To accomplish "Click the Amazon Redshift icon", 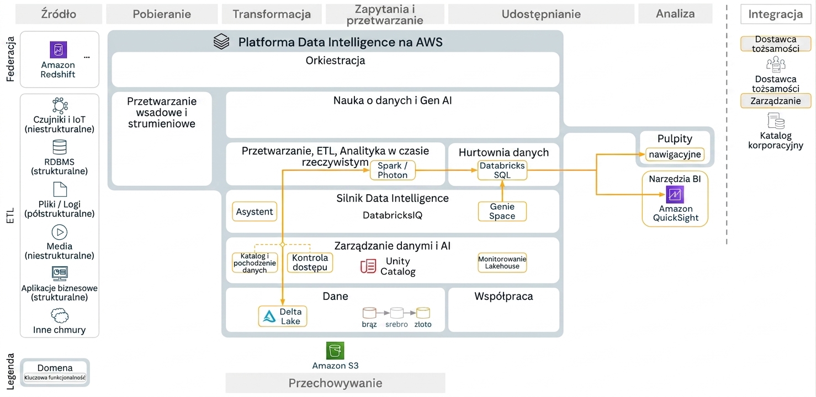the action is click(59, 50).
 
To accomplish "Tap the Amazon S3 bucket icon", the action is click(335, 351).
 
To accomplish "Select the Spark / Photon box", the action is click(393, 170).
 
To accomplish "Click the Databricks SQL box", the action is click(502, 170).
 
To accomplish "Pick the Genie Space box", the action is click(502, 211).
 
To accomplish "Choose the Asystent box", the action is click(255, 211).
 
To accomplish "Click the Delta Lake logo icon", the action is click(269, 316).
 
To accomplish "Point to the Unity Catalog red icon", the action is click(368, 266).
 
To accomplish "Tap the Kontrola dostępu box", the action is click(310, 262).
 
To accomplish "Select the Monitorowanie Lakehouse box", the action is click(502, 262).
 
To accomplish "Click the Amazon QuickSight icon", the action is click(675, 195).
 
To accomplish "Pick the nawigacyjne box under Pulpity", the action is click(675, 154).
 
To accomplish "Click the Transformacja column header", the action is click(272, 14).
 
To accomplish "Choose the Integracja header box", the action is click(776, 14).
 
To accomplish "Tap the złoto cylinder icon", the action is click(423, 313).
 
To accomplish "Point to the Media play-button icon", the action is click(60, 232).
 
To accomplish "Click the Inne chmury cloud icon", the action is click(60, 315).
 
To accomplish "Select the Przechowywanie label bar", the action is click(335, 383).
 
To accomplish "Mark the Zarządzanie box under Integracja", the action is click(776, 101).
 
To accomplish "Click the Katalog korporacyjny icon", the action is click(776, 121).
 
